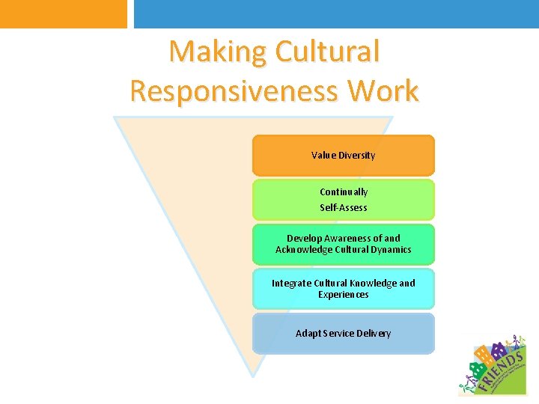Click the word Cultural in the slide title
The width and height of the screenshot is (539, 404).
(x=327, y=52)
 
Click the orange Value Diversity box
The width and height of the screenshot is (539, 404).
(x=343, y=156)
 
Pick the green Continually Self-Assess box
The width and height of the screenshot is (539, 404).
(x=343, y=200)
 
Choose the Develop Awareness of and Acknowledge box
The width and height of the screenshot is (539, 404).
(x=343, y=244)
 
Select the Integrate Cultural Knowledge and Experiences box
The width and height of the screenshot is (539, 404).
(x=343, y=289)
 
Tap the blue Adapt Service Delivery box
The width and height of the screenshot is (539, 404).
(x=343, y=333)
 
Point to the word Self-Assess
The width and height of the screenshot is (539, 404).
(x=344, y=207)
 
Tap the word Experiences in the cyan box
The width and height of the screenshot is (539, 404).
(x=343, y=295)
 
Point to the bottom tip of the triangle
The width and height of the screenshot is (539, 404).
(x=253, y=375)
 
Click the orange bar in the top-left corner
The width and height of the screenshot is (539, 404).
(x=64, y=13)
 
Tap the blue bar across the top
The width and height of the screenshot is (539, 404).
(x=336, y=13)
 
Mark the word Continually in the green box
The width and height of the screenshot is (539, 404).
(x=344, y=192)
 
